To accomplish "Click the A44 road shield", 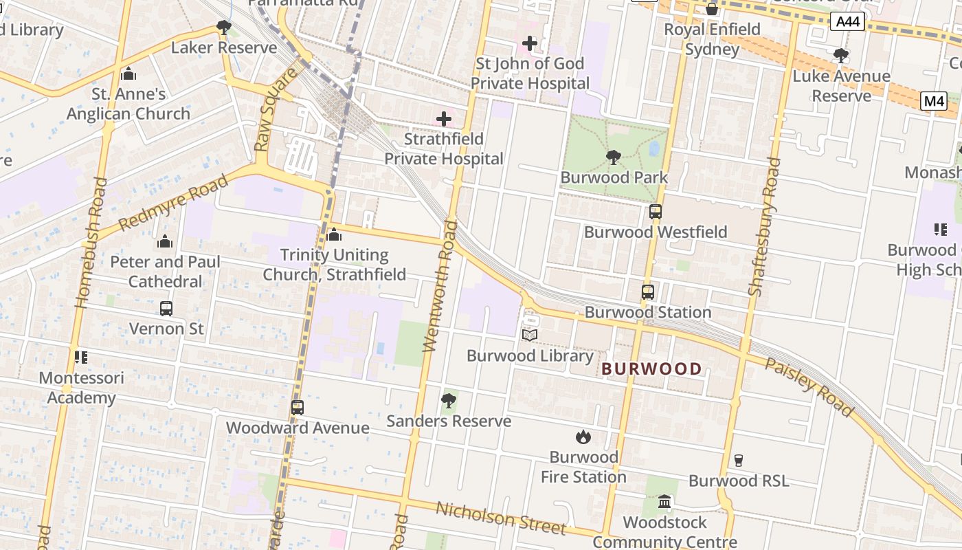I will [847, 22].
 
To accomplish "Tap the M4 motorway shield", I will [934, 101].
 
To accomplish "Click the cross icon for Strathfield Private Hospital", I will [444, 118].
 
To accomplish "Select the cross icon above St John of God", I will [529, 43].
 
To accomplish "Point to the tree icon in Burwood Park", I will [613, 157].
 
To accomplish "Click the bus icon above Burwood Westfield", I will [655, 212].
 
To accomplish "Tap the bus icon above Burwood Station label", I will [647, 292].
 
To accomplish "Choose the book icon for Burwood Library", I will [529, 335].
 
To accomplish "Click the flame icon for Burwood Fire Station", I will [583, 437].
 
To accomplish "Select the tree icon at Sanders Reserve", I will [449, 400].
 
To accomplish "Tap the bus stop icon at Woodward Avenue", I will [297, 408].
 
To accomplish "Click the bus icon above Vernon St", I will [166, 309].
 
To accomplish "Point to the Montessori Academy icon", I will [81, 357].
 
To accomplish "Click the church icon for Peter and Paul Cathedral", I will [165, 242].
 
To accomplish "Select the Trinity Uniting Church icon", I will [334, 235].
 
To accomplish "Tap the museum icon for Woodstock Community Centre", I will [664, 502].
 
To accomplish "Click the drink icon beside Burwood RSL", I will [739, 461].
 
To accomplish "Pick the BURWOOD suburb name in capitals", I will [651, 369].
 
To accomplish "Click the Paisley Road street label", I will [809, 387].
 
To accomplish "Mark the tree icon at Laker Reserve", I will [223, 27].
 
